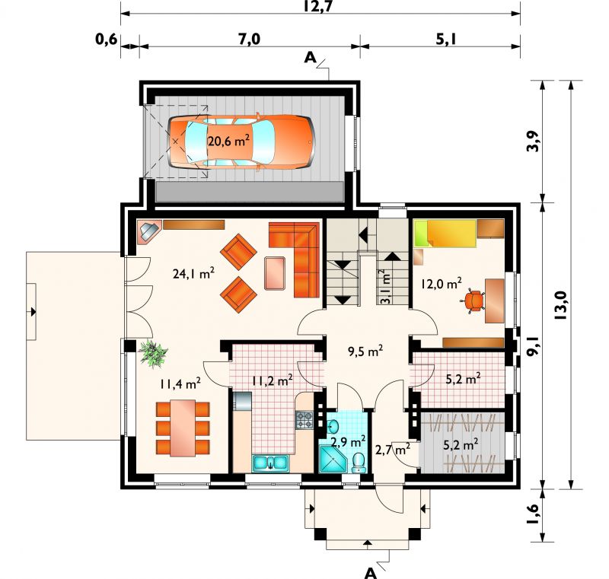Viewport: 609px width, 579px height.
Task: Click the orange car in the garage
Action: tap(241, 142)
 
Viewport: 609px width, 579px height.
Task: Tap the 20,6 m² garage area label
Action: tap(228, 141)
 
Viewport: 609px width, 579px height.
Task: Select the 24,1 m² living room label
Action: tap(193, 274)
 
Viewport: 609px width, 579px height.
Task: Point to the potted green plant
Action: tap(153, 353)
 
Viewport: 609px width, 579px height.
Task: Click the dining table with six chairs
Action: tap(183, 428)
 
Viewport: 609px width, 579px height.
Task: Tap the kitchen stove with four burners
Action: tap(304, 420)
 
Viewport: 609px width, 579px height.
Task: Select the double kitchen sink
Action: tap(270, 463)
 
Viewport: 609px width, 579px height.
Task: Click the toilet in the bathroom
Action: tap(359, 463)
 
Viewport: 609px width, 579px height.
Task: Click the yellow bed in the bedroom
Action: tap(445, 234)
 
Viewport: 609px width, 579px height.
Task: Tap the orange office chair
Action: tap(472, 301)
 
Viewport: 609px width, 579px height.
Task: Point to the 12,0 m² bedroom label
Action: tap(442, 284)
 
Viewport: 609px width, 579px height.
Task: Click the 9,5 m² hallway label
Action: tap(365, 352)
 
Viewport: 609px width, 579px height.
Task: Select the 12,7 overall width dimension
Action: tap(317, 7)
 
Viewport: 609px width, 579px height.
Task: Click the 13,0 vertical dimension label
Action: tap(561, 306)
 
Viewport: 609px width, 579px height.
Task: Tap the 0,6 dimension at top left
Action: tap(107, 40)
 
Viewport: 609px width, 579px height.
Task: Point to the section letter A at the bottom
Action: tap(371, 573)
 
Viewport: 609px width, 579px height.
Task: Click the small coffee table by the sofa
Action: tap(275, 273)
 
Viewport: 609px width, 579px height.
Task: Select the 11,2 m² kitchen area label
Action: tap(273, 381)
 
